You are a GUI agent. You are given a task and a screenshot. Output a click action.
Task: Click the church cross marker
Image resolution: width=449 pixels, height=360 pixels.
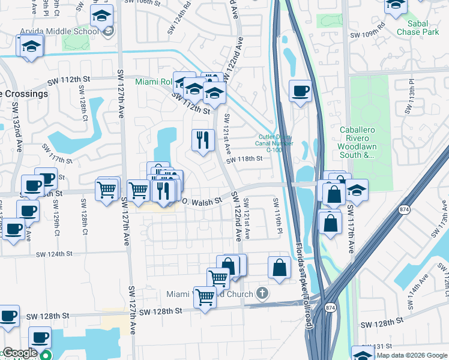click(x=261, y=293)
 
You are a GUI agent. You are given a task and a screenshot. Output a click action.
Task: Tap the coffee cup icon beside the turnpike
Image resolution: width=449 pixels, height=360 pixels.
click(x=300, y=91)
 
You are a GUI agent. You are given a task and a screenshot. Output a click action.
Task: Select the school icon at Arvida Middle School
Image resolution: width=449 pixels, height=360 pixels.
click(x=101, y=16)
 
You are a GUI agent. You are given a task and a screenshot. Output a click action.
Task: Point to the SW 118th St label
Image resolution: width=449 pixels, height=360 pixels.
click(x=245, y=159)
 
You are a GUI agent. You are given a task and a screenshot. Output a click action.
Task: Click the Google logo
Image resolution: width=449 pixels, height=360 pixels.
click(x=19, y=353)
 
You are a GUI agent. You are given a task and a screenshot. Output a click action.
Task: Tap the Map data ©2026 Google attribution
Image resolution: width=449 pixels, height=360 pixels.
click(x=412, y=355)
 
